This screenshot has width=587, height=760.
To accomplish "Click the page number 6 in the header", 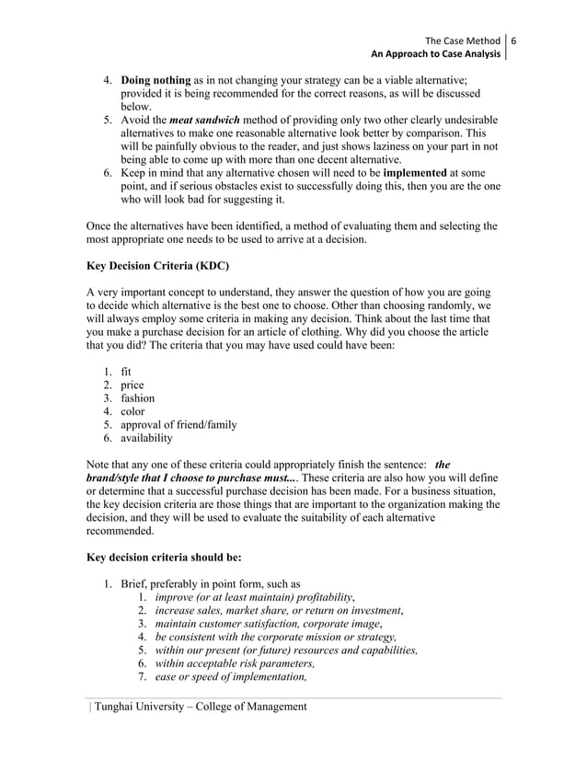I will click(x=514, y=41).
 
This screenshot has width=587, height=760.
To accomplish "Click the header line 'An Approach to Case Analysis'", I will click(x=435, y=55).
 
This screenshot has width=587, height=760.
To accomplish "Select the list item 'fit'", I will click(x=127, y=373).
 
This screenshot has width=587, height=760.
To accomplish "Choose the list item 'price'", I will click(x=133, y=386).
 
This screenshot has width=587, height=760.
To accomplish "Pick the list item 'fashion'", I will click(x=138, y=398).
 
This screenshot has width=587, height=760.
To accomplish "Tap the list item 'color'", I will click(x=134, y=412).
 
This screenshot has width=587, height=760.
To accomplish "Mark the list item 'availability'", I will click(x=147, y=438).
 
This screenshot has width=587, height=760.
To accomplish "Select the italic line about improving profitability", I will click(x=255, y=597).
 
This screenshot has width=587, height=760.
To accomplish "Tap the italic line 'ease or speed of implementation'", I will click(x=231, y=676).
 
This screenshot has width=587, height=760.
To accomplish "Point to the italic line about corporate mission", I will click(x=276, y=637).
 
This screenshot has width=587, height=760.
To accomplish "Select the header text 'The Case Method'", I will click(x=463, y=41).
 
